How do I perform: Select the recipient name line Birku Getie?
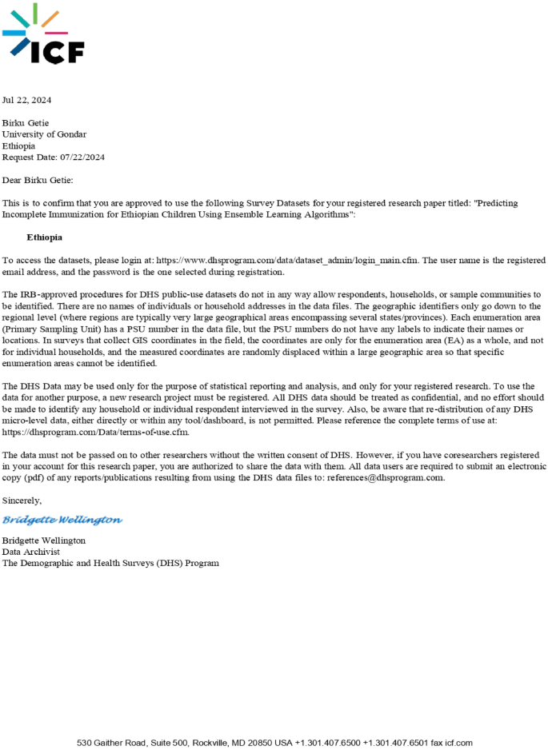(26, 122)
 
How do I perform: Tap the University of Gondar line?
(44, 134)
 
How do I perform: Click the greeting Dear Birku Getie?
(38, 181)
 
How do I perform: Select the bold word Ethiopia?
(44, 237)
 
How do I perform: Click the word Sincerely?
(22, 501)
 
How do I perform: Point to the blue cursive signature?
(62, 520)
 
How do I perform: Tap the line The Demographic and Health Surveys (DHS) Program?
(110, 563)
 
